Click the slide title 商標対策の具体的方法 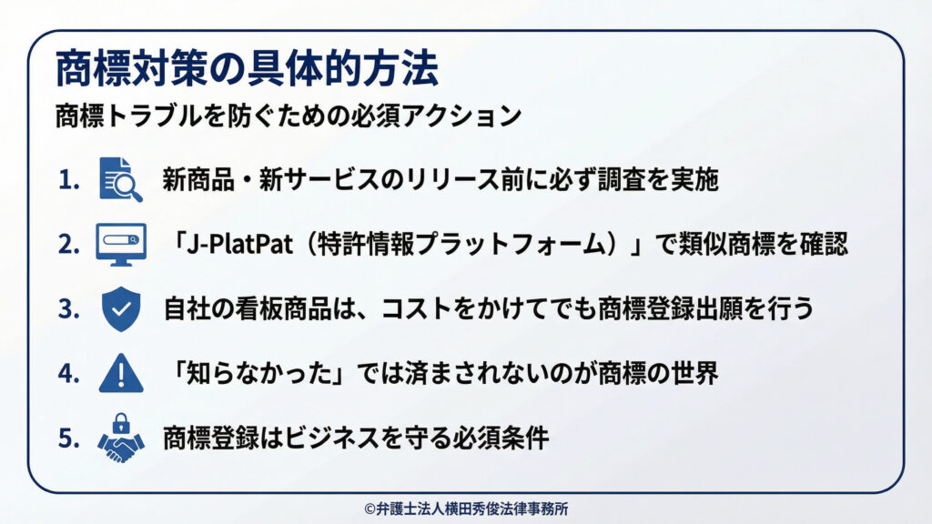pos(247,69)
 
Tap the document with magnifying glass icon pos(120,179)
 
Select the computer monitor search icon pos(120,244)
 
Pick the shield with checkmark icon pos(120,308)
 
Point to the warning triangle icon pos(120,373)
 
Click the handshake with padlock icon pos(120,438)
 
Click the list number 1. pos(69,180)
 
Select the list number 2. pos(69,245)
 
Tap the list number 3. pos(69,309)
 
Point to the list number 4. pos(69,374)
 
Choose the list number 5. pos(69,438)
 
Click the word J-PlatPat pos(233,245)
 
